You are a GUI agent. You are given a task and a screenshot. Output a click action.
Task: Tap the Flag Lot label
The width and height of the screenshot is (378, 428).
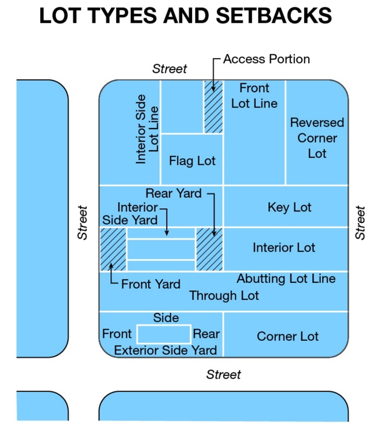(192, 161)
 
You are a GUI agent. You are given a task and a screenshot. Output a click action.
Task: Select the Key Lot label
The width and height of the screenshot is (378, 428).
(289, 207)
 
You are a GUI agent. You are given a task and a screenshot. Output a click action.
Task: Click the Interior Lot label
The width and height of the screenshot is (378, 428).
(284, 248)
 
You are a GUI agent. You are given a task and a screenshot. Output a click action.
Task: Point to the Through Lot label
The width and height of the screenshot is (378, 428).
(224, 296)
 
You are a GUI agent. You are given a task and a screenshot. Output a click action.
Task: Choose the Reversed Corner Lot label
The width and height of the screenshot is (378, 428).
(317, 138)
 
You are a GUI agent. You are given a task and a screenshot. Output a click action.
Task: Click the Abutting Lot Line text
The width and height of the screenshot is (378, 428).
(286, 278)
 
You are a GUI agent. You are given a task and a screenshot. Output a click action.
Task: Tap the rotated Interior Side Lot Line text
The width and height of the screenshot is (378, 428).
(147, 129)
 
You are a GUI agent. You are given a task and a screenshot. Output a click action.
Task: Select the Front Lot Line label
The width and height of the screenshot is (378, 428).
(254, 96)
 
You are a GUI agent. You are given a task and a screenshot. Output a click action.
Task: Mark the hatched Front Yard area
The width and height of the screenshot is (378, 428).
(113, 249)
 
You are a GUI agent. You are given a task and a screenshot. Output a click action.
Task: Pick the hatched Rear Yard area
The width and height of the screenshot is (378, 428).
(209, 249)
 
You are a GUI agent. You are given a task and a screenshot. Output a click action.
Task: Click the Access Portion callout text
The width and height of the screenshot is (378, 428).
(266, 59)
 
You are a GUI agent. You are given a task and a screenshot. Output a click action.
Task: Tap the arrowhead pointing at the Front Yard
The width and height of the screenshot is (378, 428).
(111, 265)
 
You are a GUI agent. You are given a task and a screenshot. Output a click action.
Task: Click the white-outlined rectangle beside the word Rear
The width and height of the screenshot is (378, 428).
(164, 334)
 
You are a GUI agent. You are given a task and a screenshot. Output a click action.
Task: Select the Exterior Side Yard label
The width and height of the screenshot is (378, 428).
(165, 350)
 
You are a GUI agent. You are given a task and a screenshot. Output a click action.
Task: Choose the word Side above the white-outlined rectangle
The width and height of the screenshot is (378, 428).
(166, 318)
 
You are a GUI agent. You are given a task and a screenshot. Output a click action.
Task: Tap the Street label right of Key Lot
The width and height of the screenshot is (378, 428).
(360, 223)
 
